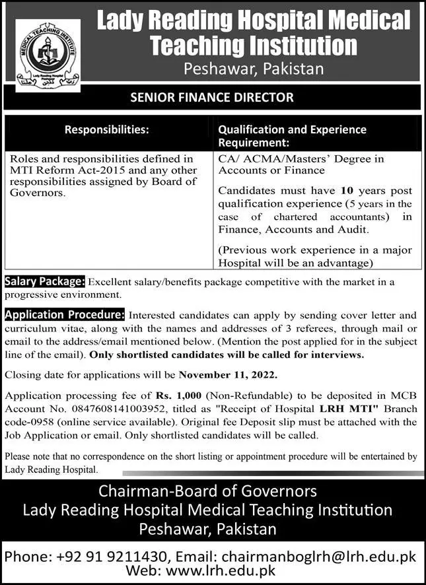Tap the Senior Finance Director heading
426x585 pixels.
click(213, 97)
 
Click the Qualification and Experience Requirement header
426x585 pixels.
click(292, 135)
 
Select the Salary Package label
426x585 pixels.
click(44, 282)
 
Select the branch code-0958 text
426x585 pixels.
click(32, 421)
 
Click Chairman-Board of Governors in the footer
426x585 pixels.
click(207, 491)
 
